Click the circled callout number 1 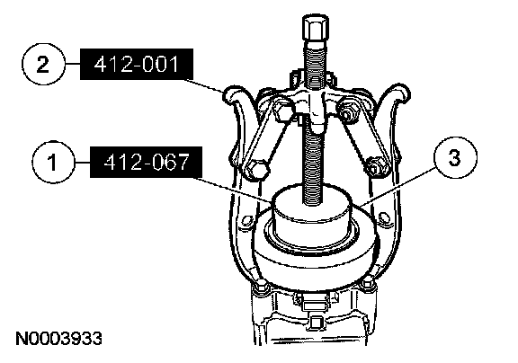click(54, 163)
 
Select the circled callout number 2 click(43, 64)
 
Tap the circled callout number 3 click(455, 157)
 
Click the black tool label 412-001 click(137, 65)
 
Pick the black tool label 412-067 click(146, 162)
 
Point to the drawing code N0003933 click(58, 339)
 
